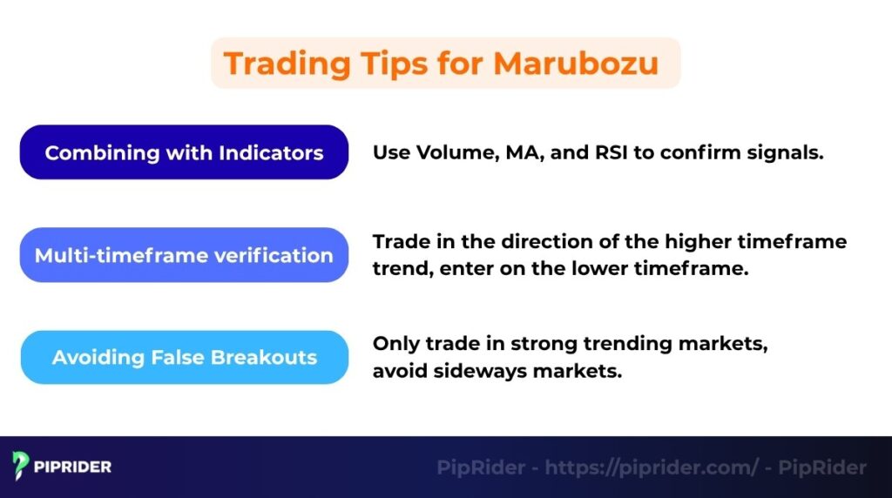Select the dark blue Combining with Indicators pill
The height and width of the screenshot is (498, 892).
coord(184,152)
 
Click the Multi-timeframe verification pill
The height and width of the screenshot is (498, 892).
coord(184,255)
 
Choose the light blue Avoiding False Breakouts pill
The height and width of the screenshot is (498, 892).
coord(184,357)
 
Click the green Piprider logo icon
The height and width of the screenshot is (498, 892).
coord(21,467)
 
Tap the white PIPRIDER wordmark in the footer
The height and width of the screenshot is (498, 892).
coord(73,468)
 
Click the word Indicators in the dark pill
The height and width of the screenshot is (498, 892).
coord(271,153)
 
